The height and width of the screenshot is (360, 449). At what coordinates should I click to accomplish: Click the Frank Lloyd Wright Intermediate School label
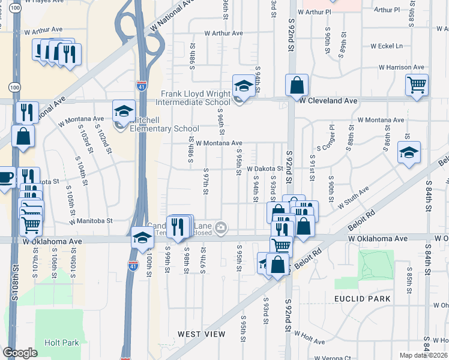coord(195,98)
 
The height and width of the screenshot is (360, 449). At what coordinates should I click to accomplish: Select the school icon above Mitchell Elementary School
coord(124,112)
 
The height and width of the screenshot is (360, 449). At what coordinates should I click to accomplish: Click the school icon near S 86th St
coord(409,153)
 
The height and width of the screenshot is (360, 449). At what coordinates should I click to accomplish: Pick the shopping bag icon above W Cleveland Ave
coord(297,86)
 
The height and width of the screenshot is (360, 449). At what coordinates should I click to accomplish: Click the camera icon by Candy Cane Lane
coord(221,227)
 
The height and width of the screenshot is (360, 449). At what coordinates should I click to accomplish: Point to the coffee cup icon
coord(5,178)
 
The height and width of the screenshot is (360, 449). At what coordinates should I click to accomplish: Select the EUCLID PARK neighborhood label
coord(363,298)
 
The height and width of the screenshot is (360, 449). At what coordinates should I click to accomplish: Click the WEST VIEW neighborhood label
coord(202,334)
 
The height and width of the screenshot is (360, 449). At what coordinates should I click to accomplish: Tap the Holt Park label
coord(61,343)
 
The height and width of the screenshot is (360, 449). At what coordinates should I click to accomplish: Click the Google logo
coord(20,353)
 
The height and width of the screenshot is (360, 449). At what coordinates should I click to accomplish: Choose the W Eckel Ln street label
coord(386,46)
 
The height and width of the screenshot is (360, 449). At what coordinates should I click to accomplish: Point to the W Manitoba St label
coord(91,221)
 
